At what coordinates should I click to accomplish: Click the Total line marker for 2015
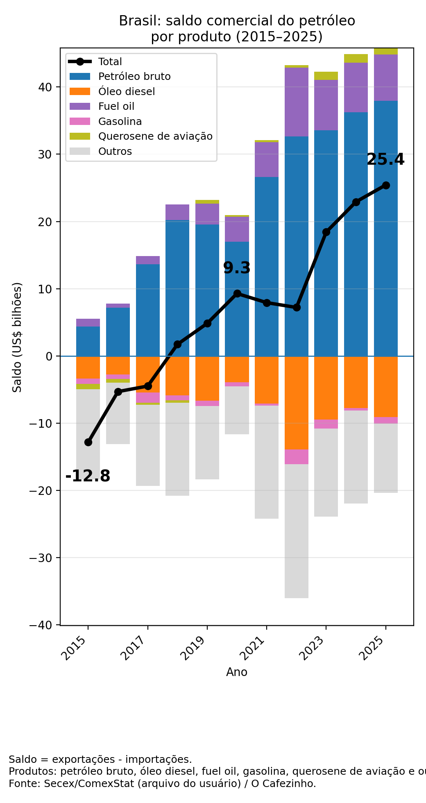point(88,442)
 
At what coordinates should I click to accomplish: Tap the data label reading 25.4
point(385,159)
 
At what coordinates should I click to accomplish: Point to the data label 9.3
point(237,268)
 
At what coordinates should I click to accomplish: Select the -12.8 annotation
point(88,476)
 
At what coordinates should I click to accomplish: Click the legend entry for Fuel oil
point(116,107)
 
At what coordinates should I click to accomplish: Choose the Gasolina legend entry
point(120,122)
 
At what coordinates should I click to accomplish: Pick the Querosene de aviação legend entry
point(155,136)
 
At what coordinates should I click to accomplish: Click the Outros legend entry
point(115,152)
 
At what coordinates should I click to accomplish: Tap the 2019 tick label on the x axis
point(195,647)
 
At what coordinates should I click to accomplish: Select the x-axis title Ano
point(237,672)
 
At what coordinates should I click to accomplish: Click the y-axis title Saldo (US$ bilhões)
point(17,337)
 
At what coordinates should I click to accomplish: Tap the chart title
point(237,29)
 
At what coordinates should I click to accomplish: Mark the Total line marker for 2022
point(297,307)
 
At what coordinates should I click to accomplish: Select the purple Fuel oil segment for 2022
point(297,102)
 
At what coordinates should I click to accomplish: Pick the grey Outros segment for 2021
point(267,462)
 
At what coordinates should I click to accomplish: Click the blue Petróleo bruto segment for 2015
point(88,341)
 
